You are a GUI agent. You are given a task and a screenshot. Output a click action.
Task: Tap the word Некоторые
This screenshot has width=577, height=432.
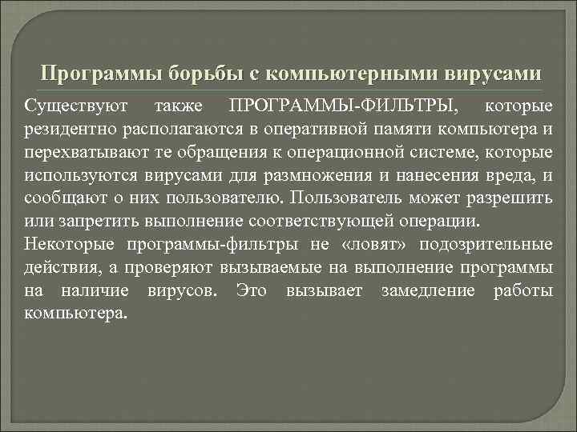pyautogui.click(x=65, y=243)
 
